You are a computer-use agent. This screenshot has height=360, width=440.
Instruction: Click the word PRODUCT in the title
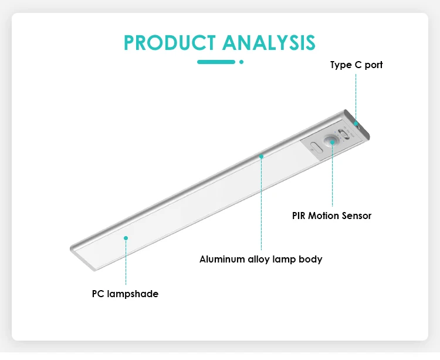click(x=170, y=43)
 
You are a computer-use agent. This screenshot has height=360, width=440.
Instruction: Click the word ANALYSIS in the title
click(x=269, y=43)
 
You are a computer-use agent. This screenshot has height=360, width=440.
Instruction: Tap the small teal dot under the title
click(x=241, y=62)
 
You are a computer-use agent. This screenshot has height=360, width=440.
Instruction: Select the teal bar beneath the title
click(x=216, y=62)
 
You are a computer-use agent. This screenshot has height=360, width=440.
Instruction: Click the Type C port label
click(x=356, y=65)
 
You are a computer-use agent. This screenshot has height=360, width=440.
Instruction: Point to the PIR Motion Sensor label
click(x=331, y=216)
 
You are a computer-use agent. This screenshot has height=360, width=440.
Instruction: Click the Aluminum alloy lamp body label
click(x=260, y=259)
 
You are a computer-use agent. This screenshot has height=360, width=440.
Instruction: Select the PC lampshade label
click(x=125, y=294)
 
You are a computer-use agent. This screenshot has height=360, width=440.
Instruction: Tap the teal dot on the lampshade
click(x=126, y=238)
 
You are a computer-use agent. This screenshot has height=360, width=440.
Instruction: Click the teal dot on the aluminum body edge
click(x=261, y=156)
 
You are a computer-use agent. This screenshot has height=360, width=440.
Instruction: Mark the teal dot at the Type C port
click(x=356, y=123)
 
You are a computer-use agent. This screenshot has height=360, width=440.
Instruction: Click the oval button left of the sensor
click(x=317, y=147)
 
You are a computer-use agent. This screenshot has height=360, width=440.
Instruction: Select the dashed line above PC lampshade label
click(x=126, y=263)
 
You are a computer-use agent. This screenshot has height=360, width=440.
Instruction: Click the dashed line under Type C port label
click(x=356, y=97)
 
